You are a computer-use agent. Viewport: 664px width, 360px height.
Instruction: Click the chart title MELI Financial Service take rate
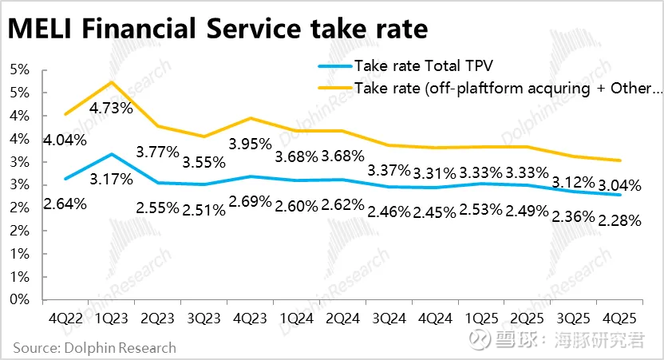[218, 30]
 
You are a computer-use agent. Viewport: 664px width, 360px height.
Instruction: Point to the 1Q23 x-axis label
[111, 318]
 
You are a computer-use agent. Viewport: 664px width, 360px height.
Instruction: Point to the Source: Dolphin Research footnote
[94, 348]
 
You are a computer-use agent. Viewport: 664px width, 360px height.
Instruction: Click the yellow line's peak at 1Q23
[111, 81]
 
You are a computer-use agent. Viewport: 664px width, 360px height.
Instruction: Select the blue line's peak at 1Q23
[111, 153]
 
